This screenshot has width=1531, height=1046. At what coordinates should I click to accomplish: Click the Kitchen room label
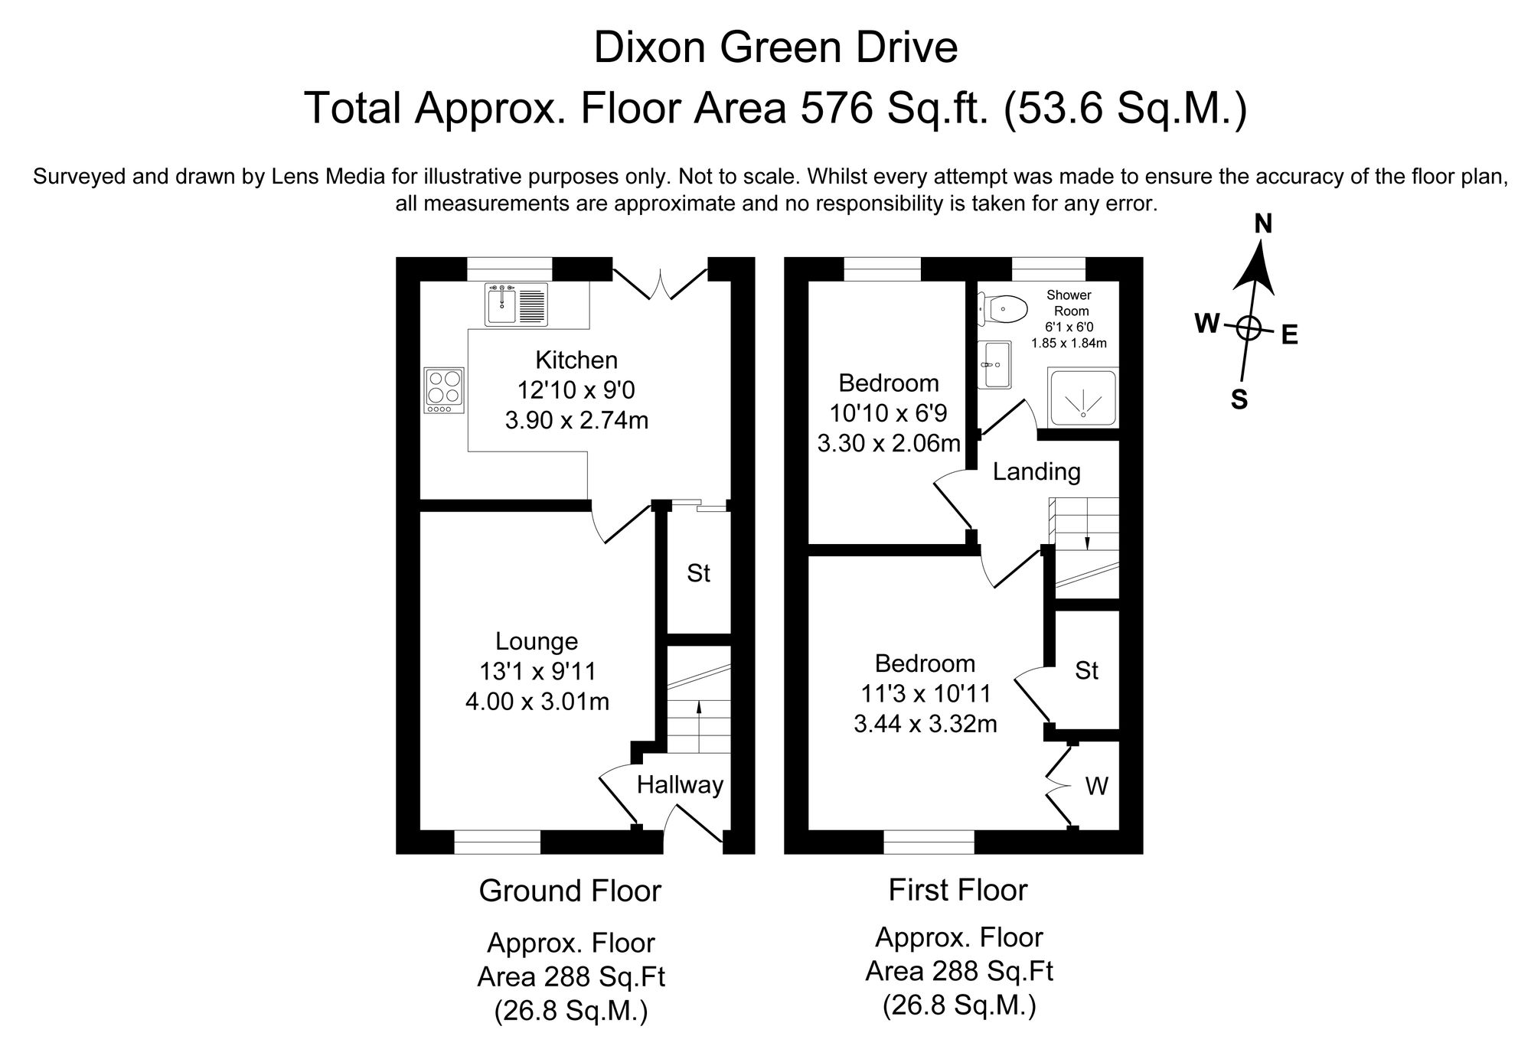pos(576,360)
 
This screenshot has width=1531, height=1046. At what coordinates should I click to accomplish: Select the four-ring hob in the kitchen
pos(444,391)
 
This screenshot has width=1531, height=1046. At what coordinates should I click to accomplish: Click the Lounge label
pos(537,640)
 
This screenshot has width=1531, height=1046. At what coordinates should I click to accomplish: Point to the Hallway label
pos(680,785)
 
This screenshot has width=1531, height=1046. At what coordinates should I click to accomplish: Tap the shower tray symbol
pos(1082,398)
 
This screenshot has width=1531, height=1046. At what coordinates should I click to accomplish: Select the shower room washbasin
pos(994,364)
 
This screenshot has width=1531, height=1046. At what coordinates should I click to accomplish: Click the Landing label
pos(1036,471)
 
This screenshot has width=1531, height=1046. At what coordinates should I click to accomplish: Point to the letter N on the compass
pos(1263,224)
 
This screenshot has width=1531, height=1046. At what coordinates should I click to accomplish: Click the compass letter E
pos(1290,335)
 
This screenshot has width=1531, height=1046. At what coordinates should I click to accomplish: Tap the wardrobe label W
pos(1096,786)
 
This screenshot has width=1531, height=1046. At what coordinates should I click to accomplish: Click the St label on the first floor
pos(1086,671)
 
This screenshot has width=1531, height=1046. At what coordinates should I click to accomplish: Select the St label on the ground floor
pos(698,573)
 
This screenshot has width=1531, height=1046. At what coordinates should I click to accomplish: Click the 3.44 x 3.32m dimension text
pos(925,723)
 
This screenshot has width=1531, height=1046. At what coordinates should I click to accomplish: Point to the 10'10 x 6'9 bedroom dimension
pos(888,413)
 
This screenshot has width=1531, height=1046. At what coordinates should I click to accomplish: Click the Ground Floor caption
pos(570,891)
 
